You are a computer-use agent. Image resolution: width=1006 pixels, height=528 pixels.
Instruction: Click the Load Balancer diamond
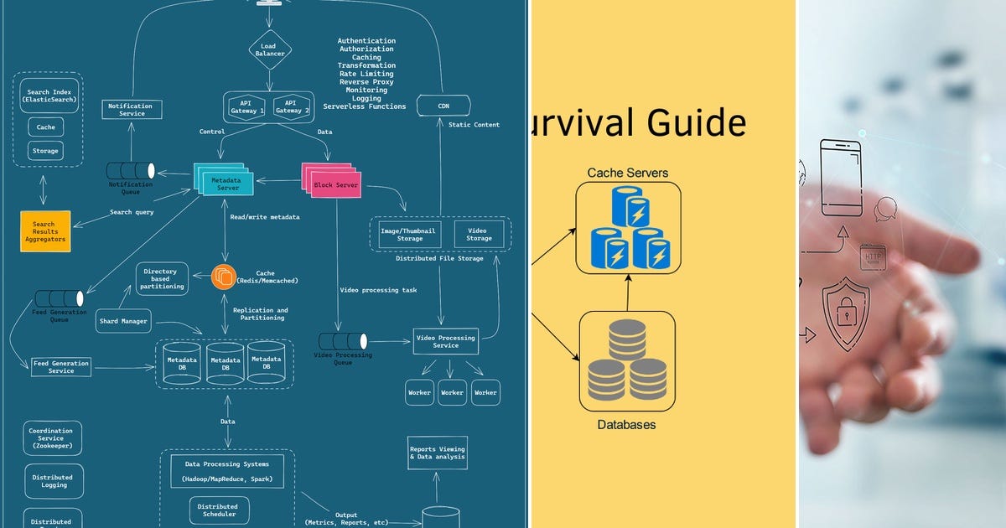(269, 50)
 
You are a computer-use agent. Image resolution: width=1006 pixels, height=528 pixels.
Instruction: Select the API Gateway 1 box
(248, 106)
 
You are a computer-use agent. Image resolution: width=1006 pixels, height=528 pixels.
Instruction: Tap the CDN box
(443, 106)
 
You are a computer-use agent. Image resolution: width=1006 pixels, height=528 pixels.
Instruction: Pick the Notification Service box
(132, 110)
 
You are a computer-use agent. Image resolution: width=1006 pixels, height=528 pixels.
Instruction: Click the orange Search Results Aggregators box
(44, 230)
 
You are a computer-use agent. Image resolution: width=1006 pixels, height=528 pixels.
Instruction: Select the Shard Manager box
(123, 321)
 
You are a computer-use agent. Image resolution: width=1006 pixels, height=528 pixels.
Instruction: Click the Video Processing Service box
(445, 341)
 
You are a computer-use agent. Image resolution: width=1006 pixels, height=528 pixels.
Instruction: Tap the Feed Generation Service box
(60, 367)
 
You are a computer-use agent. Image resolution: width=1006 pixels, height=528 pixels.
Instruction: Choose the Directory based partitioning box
(161, 278)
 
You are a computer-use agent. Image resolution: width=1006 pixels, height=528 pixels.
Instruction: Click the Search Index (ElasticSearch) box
(48, 95)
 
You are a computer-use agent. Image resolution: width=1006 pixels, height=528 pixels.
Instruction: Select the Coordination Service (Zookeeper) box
(51, 438)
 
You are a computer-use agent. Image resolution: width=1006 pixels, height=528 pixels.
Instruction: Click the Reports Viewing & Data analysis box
(437, 453)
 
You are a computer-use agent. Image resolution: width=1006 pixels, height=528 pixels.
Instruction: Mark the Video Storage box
(479, 234)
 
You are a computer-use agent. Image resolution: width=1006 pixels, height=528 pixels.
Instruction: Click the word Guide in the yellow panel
(695, 123)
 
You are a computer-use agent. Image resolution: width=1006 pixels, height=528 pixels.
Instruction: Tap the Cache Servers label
(627, 173)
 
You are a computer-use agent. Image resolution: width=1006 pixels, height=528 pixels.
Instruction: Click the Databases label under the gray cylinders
(626, 425)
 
